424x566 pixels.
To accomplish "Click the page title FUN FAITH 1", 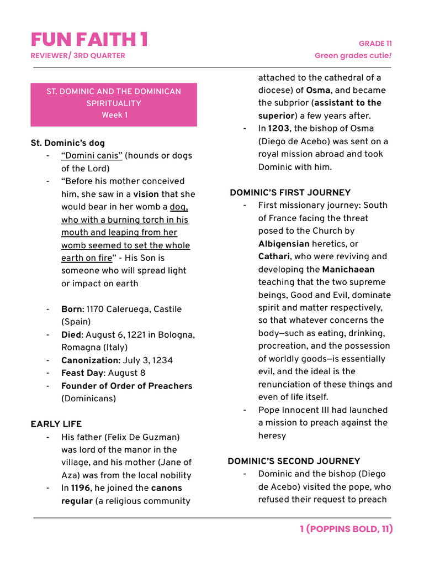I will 89,39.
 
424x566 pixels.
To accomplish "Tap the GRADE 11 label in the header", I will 375,44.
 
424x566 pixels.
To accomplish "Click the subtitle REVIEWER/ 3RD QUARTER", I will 78,55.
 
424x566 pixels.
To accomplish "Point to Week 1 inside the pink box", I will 114,115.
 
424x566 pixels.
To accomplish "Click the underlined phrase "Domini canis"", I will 92,155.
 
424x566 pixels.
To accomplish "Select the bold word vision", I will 146,194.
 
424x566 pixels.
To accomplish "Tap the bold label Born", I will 72,309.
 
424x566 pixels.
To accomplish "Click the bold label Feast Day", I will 82,373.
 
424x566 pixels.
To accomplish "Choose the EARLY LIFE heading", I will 56,424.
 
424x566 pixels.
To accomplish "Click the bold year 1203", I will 279,129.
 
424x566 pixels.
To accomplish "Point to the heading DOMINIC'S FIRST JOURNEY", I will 290,192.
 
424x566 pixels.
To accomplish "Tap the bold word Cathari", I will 274,256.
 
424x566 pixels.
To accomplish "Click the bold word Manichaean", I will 348,269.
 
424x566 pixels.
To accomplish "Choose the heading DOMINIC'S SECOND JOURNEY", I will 294,461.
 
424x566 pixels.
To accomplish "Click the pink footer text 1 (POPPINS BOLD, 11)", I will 346,529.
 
